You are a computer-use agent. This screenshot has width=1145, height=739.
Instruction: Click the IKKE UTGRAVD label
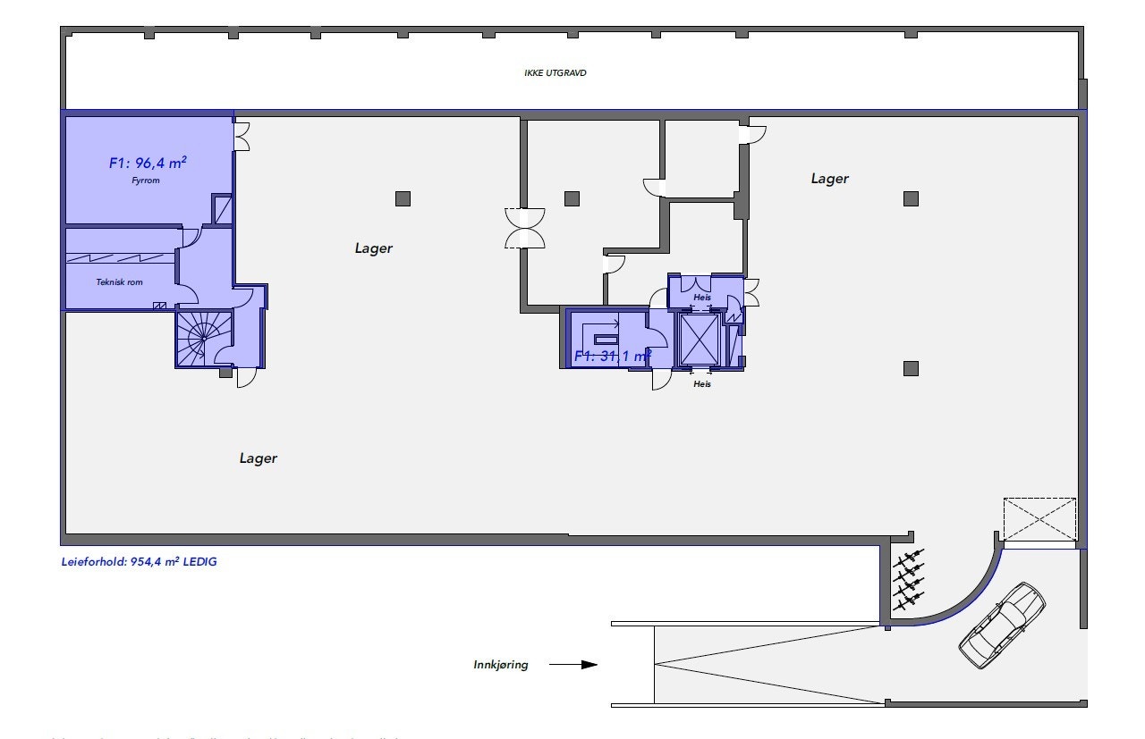click(x=555, y=73)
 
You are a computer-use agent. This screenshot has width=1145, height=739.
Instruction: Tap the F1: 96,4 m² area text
click(x=148, y=163)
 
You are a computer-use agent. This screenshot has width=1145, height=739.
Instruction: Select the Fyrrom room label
click(x=144, y=180)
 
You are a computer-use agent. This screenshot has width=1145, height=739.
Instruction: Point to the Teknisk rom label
click(x=119, y=282)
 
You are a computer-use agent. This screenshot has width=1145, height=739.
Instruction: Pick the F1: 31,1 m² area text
click(x=612, y=357)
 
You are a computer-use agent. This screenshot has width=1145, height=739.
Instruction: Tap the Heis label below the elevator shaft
click(x=702, y=384)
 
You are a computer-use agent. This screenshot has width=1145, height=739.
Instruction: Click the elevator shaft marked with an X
click(x=699, y=340)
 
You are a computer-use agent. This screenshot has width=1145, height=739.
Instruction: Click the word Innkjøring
click(x=501, y=665)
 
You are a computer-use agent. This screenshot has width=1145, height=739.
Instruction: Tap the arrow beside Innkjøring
click(x=572, y=665)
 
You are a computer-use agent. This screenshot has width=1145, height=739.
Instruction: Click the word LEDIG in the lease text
click(x=200, y=562)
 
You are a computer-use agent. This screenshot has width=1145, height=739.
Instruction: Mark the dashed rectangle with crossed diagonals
click(x=1039, y=519)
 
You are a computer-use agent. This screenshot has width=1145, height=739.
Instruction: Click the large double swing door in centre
click(x=525, y=228)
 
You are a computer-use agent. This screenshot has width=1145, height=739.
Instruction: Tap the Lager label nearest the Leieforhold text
click(x=258, y=458)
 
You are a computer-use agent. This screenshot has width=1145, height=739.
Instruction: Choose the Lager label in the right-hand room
click(x=829, y=179)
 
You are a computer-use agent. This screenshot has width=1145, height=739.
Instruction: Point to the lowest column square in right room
click(x=911, y=368)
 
